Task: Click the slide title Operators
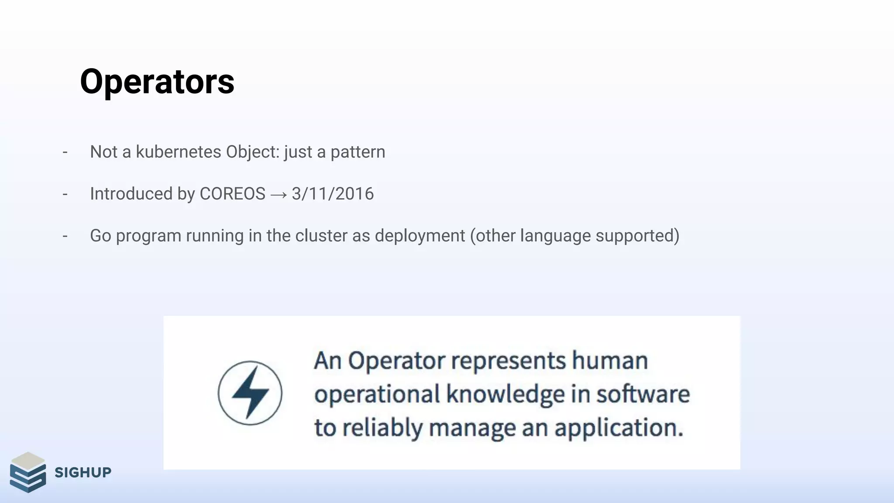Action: click(157, 82)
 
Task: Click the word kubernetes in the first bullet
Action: click(179, 152)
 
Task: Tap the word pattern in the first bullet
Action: click(358, 152)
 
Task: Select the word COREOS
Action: click(232, 194)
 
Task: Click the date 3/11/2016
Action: click(333, 194)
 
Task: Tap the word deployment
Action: click(420, 236)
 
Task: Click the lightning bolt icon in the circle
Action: click(250, 393)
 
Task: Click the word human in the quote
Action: click(610, 361)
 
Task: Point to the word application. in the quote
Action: click(619, 428)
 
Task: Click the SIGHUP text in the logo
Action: click(83, 472)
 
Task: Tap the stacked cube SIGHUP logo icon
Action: click(28, 472)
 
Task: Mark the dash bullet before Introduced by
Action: click(65, 194)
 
